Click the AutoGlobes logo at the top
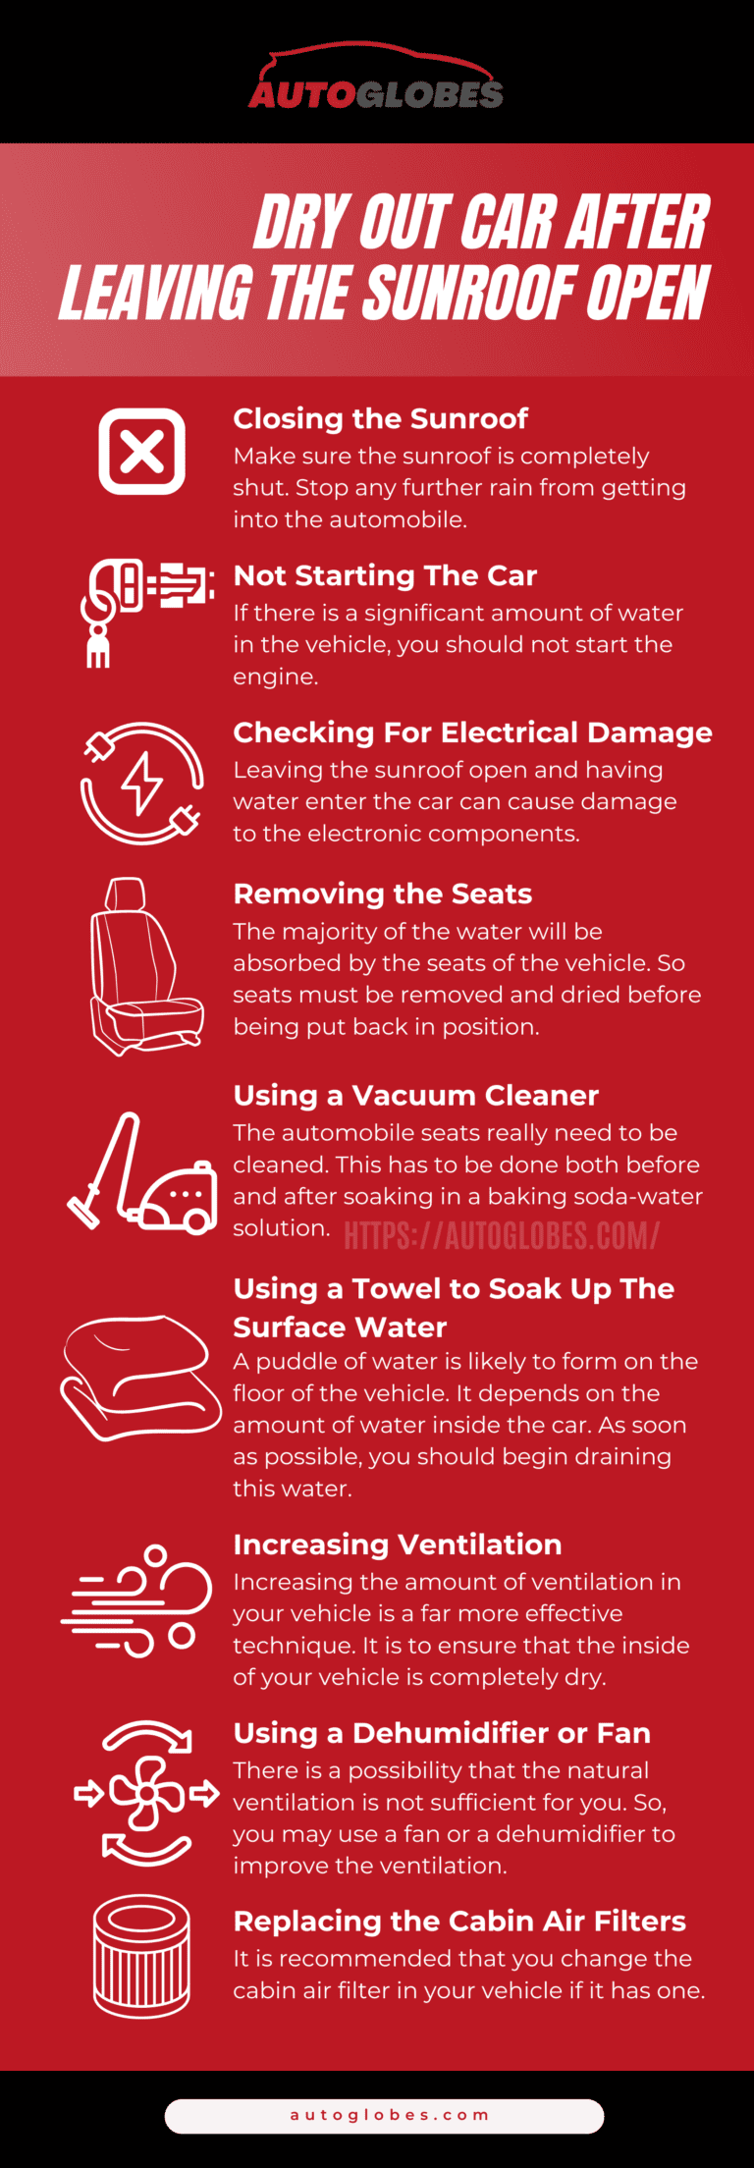click(x=376, y=77)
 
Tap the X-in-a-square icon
click(x=142, y=452)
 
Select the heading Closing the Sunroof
click(x=380, y=419)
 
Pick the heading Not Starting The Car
click(x=385, y=575)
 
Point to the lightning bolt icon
click(x=142, y=784)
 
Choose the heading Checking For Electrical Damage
click(x=472, y=732)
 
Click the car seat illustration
click(x=145, y=966)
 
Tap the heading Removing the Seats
click(x=382, y=894)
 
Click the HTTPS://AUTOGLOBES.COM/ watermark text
click(x=502, y=1235)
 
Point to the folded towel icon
click(x=141, y=1378)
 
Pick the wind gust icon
click(x=136, y=1600)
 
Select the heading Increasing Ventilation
click(x=397, y=1545)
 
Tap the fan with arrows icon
click(x=147, y=1792)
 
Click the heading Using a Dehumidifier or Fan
click(x=442, y=1733)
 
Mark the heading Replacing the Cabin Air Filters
click(x=459, y=1921)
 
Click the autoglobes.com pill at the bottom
click(x=384, y=2116)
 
